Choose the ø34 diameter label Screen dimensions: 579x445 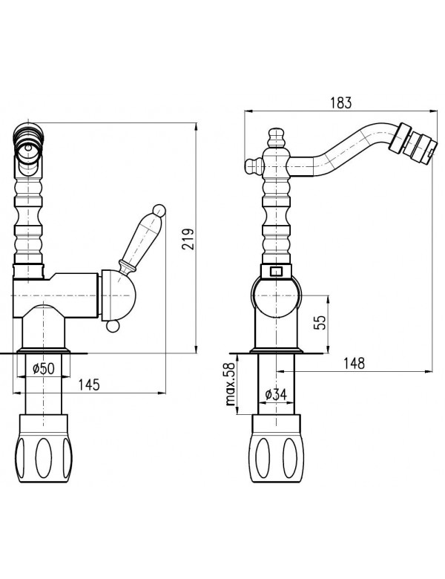coord(275,395)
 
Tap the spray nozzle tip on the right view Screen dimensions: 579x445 coord(416,143)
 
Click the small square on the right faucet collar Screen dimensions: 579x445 coord(275,272)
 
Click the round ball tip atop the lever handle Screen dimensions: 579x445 coord(157,209)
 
